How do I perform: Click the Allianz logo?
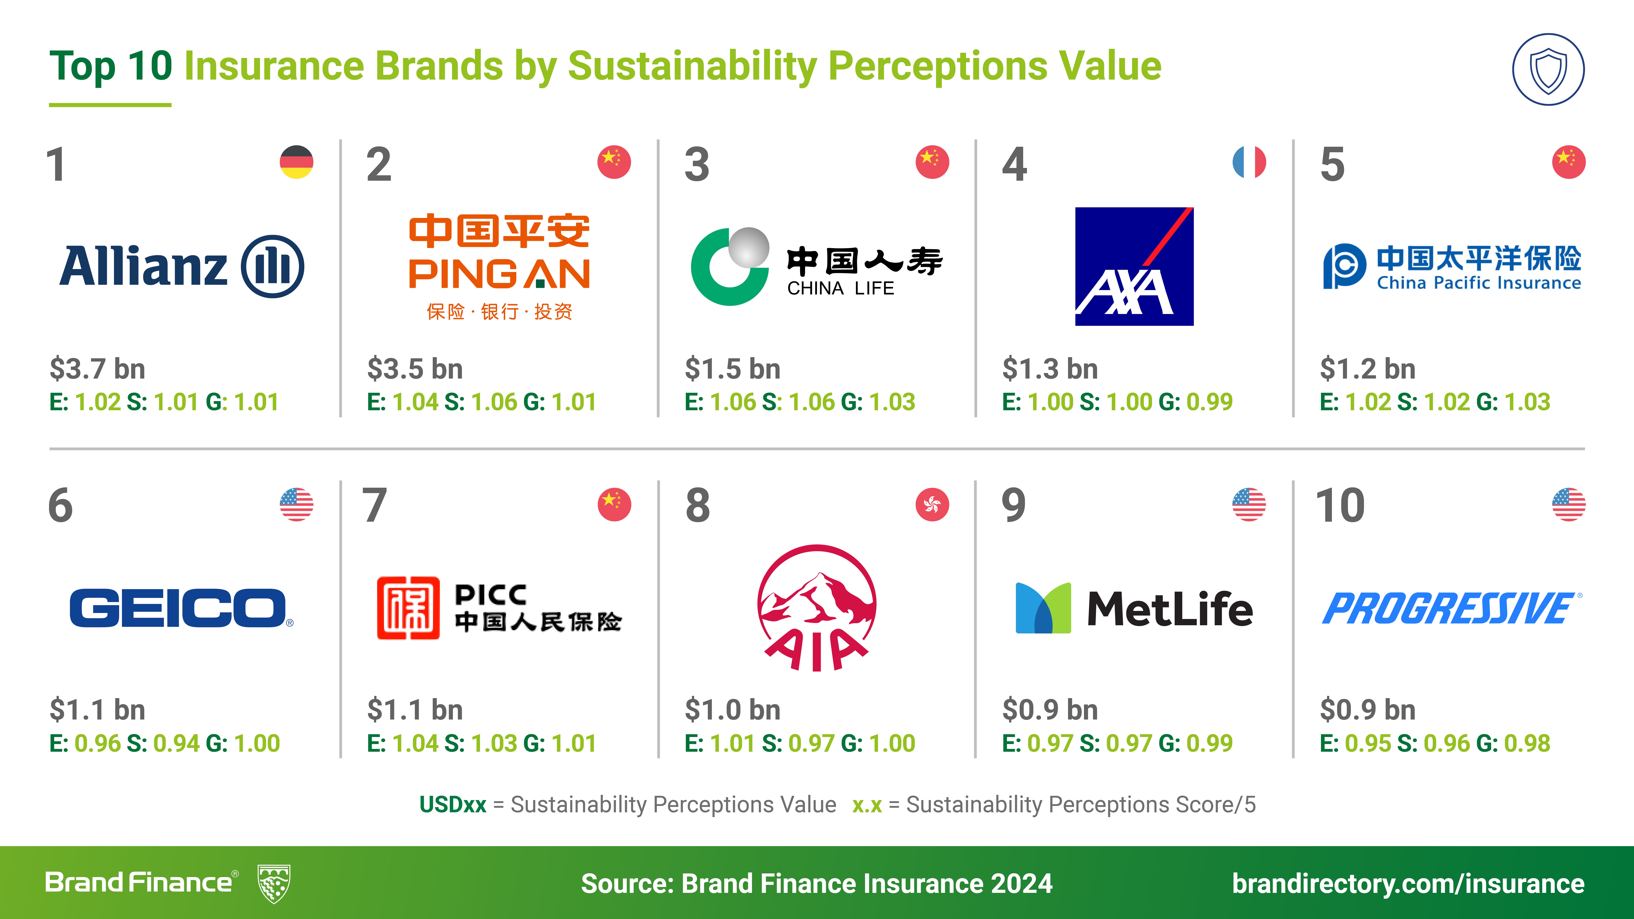pyautogui.click(x=181, y=266)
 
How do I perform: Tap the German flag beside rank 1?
pyautogui.click(x=296, y=162)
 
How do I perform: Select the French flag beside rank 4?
pyautogui.click(x=1249, y=162)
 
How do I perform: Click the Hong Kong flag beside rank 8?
pyautogui.click(x=932, y=505)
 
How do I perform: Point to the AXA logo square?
pyautogui.click(x=1134, y=266)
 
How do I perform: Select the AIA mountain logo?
pyautogui.click(x=817, y=608)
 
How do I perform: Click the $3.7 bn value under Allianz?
pyautogui.click(x=98, y=369)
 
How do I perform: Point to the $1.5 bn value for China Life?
pyautogui.click(x=733, y=369)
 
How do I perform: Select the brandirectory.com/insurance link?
pyautogui.click(x=1408, y=884)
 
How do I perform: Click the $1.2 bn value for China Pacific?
pyautogui.click(x=1368, y=369)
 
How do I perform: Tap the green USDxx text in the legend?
pyautogui.click(x=453, y=805)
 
